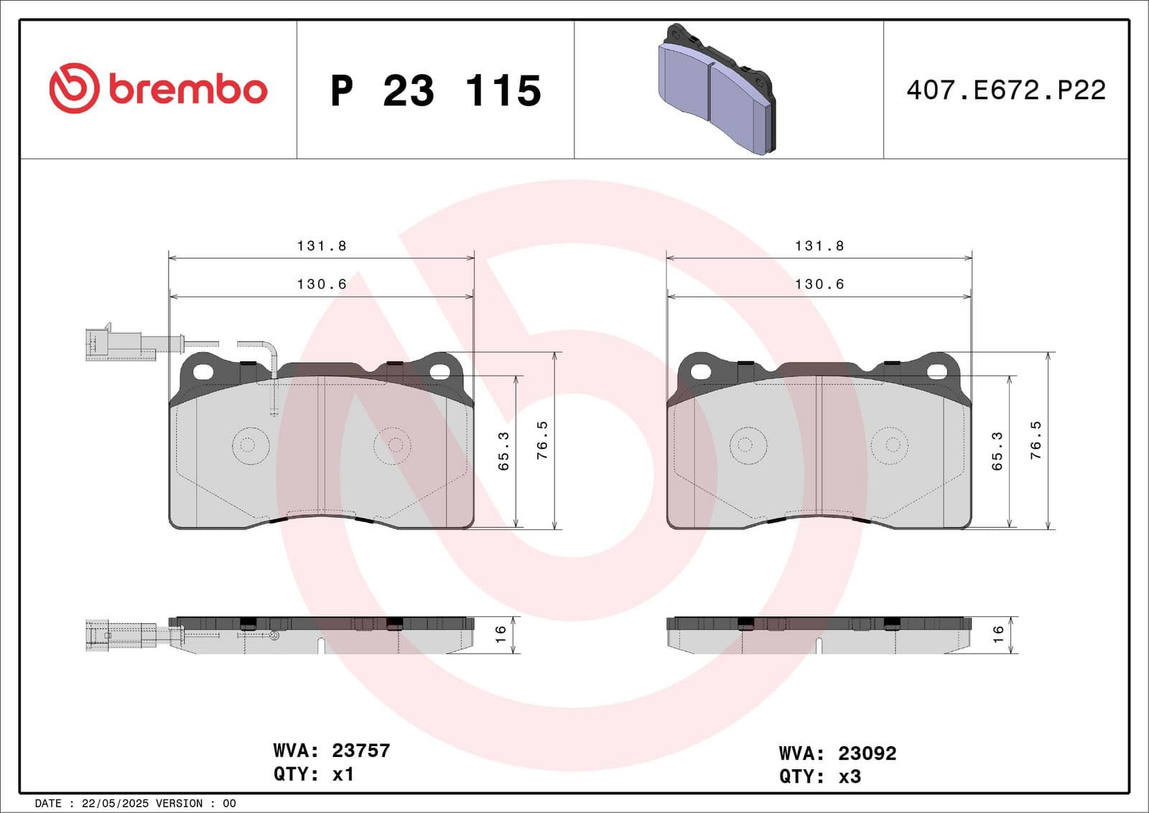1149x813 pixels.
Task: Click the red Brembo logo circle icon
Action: (x=74, y=88)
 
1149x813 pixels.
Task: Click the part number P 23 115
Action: (x=436, y=90)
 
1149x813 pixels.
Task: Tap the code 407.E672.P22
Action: (x=1005, y=90)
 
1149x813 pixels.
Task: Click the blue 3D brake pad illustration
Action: (x=717, y=90)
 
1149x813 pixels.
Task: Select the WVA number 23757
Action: (x=360, y=751)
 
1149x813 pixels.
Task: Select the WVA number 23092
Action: (x=867, y=753)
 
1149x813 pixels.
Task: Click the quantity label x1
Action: (x=343, y=774)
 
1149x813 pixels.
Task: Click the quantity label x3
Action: (x=850, y=776)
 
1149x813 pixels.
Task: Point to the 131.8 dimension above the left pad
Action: (x=322, y=246)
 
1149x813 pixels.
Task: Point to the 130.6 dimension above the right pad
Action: (x=819, y=284)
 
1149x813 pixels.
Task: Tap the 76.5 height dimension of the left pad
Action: (x=543, y=440)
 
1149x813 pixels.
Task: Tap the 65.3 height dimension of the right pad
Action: (x=997, y=451)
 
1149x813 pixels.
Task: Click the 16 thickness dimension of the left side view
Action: (x=501, y=633)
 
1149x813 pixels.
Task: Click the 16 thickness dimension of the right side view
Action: (x=997, y=633)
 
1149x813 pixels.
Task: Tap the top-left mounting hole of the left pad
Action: (x=204, y=371)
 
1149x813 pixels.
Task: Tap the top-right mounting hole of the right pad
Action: (x=937, y=371)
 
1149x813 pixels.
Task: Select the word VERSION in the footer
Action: (x=178, y=804)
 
